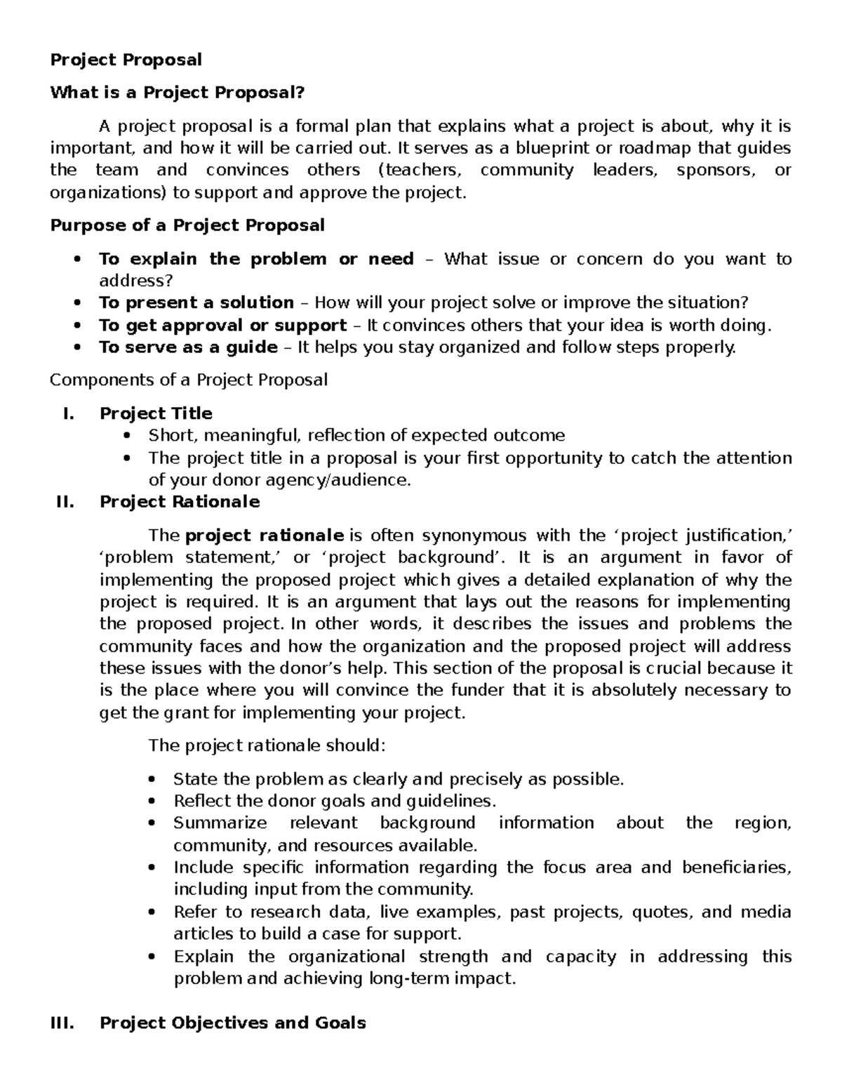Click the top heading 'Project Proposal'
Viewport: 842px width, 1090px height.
click(x=126, y=60)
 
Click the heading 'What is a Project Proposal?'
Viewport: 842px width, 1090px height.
click(x=178, y=93)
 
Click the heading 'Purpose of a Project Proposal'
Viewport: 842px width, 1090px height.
click(x=187, y=225)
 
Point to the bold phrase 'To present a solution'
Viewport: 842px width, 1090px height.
click(x=196, y=303)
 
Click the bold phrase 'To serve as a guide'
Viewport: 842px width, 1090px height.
click(x=188, y=347)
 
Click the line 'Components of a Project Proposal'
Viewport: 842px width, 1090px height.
click(x=189, y=380)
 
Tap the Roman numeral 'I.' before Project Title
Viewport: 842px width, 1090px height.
click(x=68, y=413)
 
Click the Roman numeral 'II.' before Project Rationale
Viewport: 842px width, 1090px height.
click(x=65, y=502)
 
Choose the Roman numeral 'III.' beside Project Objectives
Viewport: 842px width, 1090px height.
click(x=62, y=1023)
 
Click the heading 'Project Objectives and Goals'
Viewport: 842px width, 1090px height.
click(x=232, y=1023)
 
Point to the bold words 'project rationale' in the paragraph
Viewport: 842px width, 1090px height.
click(x=264, y=536)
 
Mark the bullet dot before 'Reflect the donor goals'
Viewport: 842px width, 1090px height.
click(x=152, y=802)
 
